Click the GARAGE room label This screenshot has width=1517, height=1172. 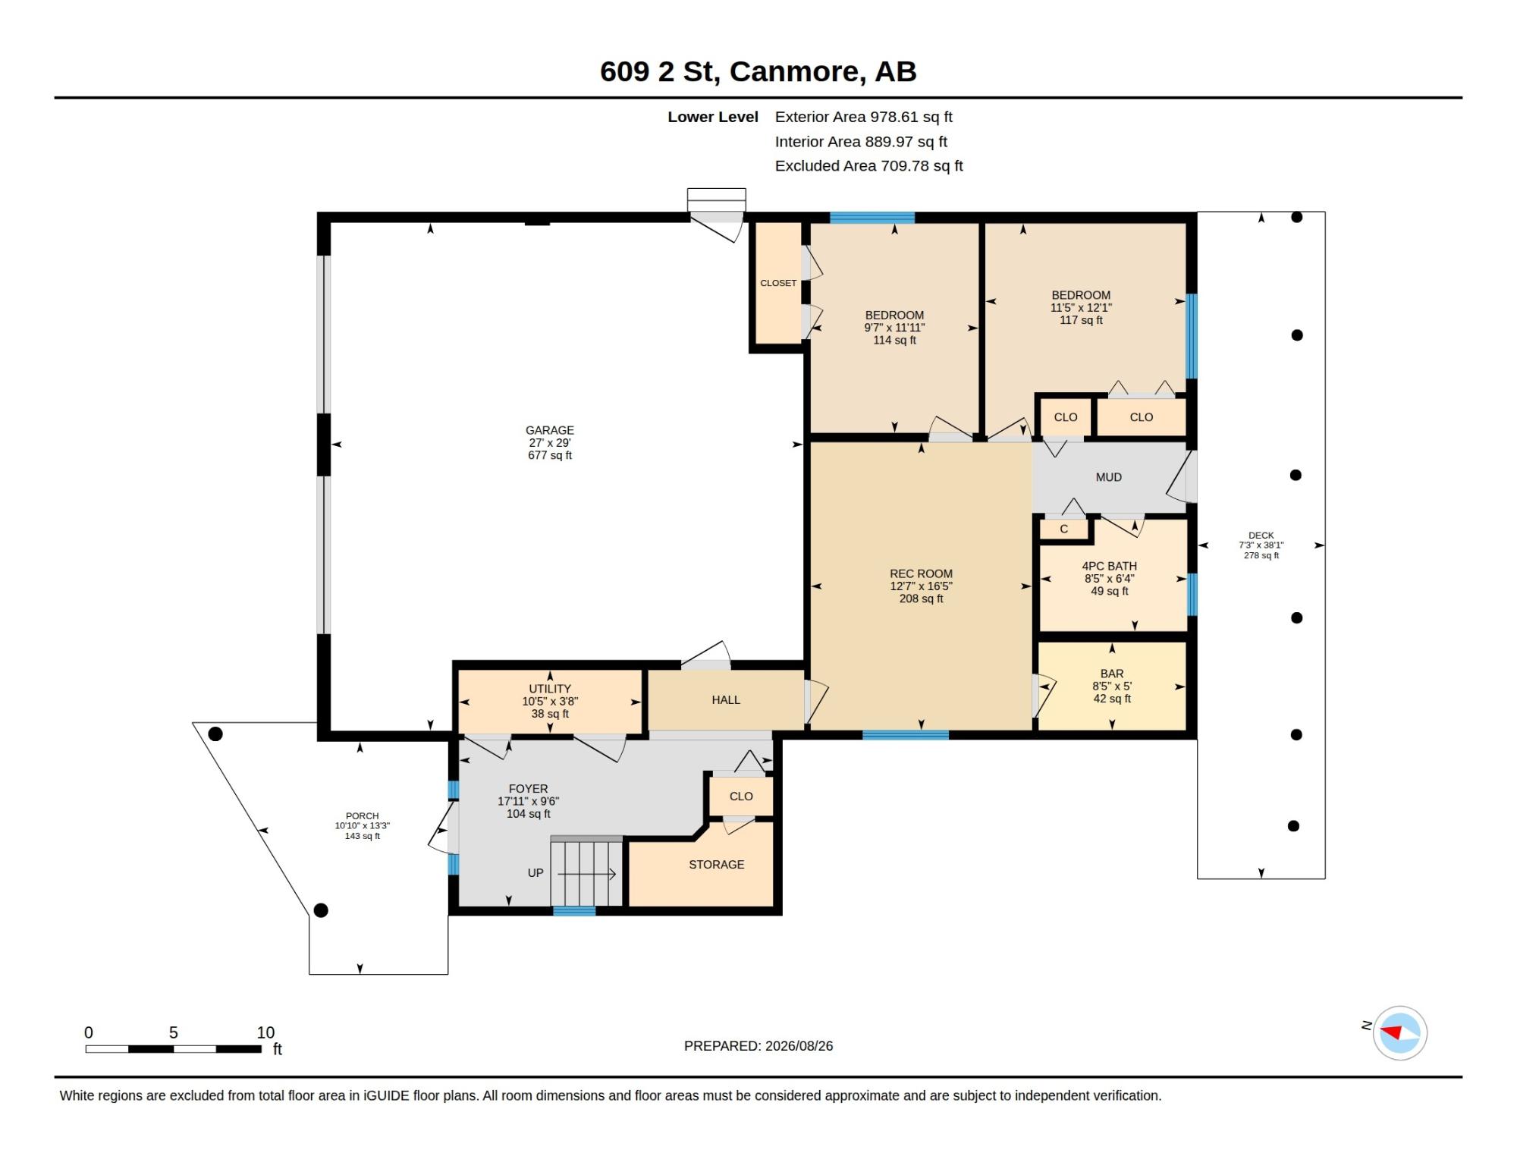click(x=550, y=430)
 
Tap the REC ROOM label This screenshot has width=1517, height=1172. click(x=921, y=574)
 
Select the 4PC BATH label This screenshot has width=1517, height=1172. click(x=1109, y=566)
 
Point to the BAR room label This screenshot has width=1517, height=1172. click(x=1112, y=674)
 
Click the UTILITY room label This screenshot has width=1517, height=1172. click(x=550, y=690)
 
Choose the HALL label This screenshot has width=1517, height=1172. click(x=726, y=700)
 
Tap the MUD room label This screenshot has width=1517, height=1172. click(x=1109, y=477)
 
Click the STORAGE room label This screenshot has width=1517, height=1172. click(x=717, y=865)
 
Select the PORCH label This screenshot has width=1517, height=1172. click(x=363, y=816)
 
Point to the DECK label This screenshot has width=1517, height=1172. click(x=1261, y=536)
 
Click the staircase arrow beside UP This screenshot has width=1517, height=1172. click(x=586, y=875)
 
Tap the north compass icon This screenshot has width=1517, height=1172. click(x=1399, y=1032)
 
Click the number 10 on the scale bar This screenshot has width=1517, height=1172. click(x=265, y=1032)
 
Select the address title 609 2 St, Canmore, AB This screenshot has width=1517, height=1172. click(x=758, y=71)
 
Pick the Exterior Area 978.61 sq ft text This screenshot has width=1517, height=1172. click(x=864, y=117)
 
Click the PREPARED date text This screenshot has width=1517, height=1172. click(x=758, y=1046)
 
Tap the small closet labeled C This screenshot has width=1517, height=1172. click(x=1064, y=529)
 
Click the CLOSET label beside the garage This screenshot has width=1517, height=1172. click(x=778, y=283)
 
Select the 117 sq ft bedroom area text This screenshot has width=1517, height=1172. click(x=1081, y=320)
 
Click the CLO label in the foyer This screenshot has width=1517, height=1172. click(x=741, y=797)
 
